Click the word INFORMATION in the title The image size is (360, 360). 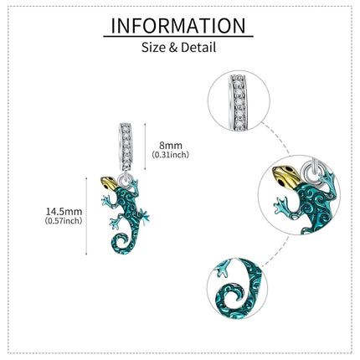(x=178, y=26)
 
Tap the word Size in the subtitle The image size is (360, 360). (x=153, y=47)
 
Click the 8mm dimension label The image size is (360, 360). (x=171, y=146)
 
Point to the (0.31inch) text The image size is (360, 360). (x=171, y=154)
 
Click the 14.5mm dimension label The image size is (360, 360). (x=64, y=211)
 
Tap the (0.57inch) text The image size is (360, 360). (x=64, y=221)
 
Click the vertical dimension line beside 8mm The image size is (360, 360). (x=145, y=147)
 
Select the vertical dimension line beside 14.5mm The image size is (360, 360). (x=86, y=216)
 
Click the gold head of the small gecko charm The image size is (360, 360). (x=109, y=183)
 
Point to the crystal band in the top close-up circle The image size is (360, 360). (x=239, y=103)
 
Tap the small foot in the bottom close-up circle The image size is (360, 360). (x=223, y=269)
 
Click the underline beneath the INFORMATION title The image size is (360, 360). (x=178, y=36)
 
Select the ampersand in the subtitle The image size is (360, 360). (x=173, y=48)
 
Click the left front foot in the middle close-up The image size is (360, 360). (x=281, y=207)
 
